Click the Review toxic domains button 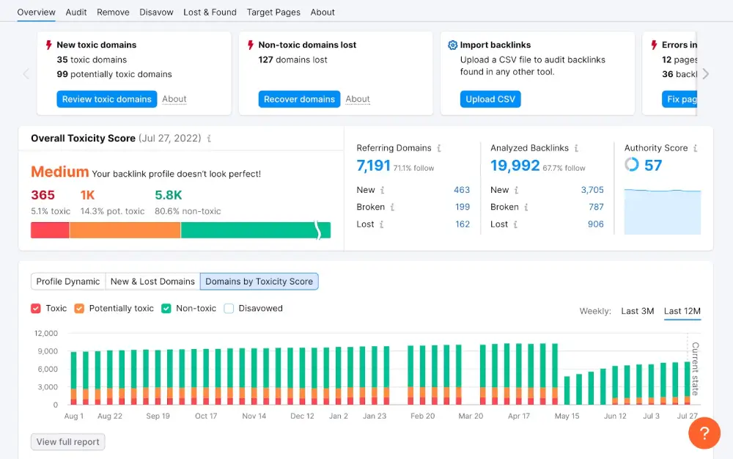106,99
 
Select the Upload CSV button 490,99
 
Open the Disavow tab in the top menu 157,12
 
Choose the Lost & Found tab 210,12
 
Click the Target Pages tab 273,12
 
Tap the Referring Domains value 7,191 373,166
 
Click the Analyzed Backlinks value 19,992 515,166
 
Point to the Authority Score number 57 653,166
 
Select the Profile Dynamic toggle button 68,282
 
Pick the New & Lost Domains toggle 152,282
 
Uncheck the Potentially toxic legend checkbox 79,309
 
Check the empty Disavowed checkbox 229,309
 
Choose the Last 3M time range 637,311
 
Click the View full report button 68,442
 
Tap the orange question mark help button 704,433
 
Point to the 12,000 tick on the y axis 46,334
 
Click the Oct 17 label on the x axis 206,416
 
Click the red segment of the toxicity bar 50,230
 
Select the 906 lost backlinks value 595,224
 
